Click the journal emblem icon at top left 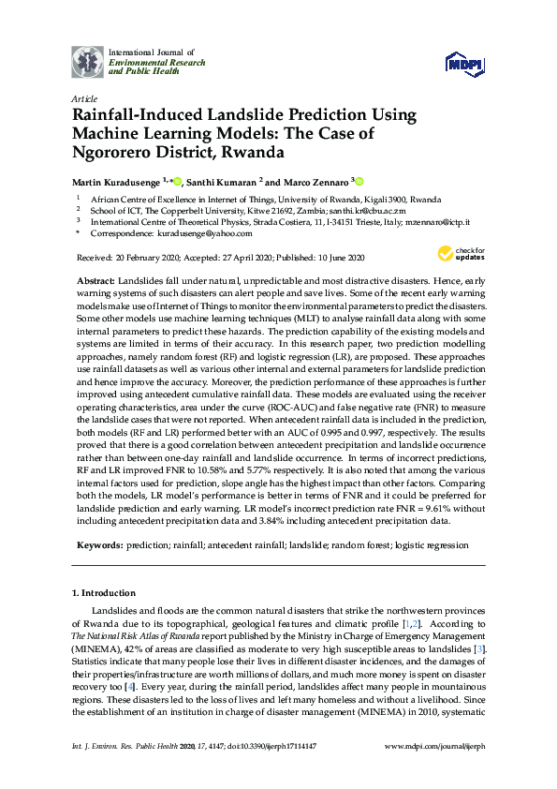pos(88,61)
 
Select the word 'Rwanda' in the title pos(253,150)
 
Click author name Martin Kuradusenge pos(117,182)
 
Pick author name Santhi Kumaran pos(223,182)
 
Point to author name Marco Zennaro pos(313,182)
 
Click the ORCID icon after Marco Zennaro pos(358,181)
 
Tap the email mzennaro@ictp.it pos(436,223)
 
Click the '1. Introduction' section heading pos(103,593)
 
